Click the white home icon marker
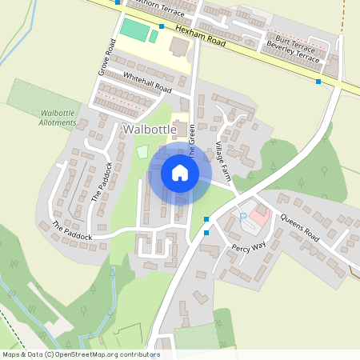coord(180,173)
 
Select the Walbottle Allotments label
coord(58,118)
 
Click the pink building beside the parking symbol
coord(258,213)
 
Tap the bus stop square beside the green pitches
coord(162,26)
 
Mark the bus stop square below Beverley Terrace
coord(318,81)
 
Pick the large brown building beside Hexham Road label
coord(179,47)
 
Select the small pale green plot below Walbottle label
coord(142,151)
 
